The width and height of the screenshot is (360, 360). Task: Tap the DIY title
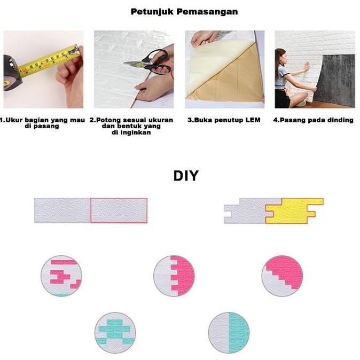tap(186, 176)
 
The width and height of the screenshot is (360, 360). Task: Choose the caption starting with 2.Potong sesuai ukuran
tap(131, 126)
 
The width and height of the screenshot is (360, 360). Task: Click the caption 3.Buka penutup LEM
tap(224, 120)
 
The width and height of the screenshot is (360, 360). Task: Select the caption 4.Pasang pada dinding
tap(313, 120)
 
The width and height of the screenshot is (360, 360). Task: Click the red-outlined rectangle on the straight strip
tap(119, 210)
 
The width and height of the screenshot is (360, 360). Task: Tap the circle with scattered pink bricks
tap(61, 276)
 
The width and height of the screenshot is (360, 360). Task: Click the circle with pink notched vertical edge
tap(174, 276)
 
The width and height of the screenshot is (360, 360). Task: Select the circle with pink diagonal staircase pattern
tap(283, 276)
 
